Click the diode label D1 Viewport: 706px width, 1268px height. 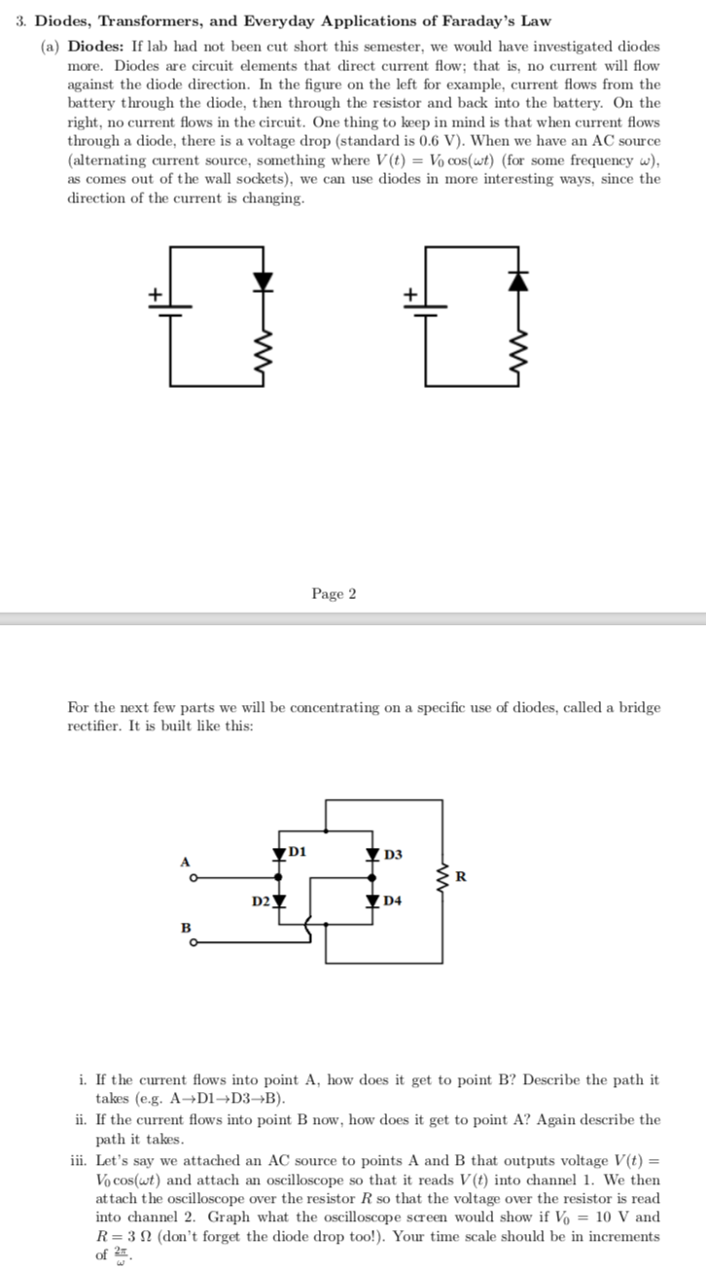tap(298, 851)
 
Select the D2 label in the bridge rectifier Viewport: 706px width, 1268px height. tap(260, 900)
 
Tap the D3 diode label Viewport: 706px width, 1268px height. tap(393, 855)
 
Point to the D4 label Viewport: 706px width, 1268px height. tap(393, 901)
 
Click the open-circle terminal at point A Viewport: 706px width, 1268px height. tap(194, 878)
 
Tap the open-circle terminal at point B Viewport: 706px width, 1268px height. tap(194, 942)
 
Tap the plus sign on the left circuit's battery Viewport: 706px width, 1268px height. tap(152, 293)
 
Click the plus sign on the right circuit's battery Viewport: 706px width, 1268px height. tap(411, 293)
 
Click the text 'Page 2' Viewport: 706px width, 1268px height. tap(334, 593)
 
